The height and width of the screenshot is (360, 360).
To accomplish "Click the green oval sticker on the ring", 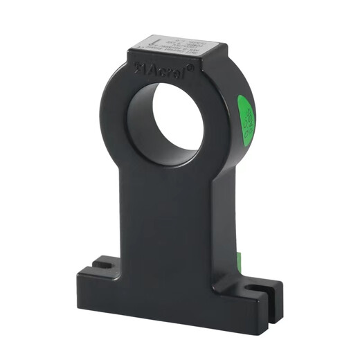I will [x=246, y=118].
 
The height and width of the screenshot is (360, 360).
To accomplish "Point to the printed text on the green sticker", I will [x=248, y=119].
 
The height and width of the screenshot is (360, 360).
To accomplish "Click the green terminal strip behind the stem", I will [x=240, y=261].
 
